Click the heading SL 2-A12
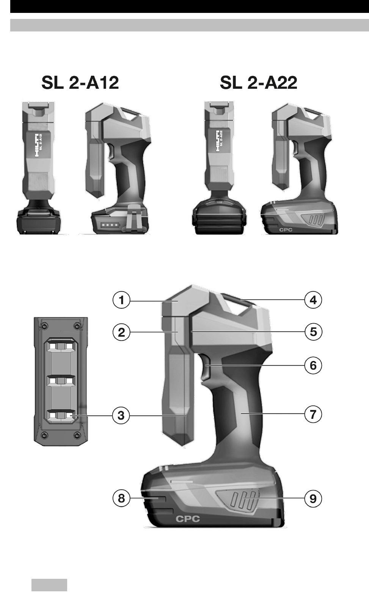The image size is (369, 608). tap(80, 83)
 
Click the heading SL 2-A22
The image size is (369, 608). tap(258, 83)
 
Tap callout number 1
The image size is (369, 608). tap(121, 300)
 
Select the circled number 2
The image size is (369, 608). tap(121, 332)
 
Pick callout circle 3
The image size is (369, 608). tap(121, 415)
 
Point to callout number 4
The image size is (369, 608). tap(313, 300)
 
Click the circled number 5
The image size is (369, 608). tap(313, 331)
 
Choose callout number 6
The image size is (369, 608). tap(313, 365)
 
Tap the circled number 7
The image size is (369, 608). tap(313, 415)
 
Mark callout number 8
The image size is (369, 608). tap(121, 498)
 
